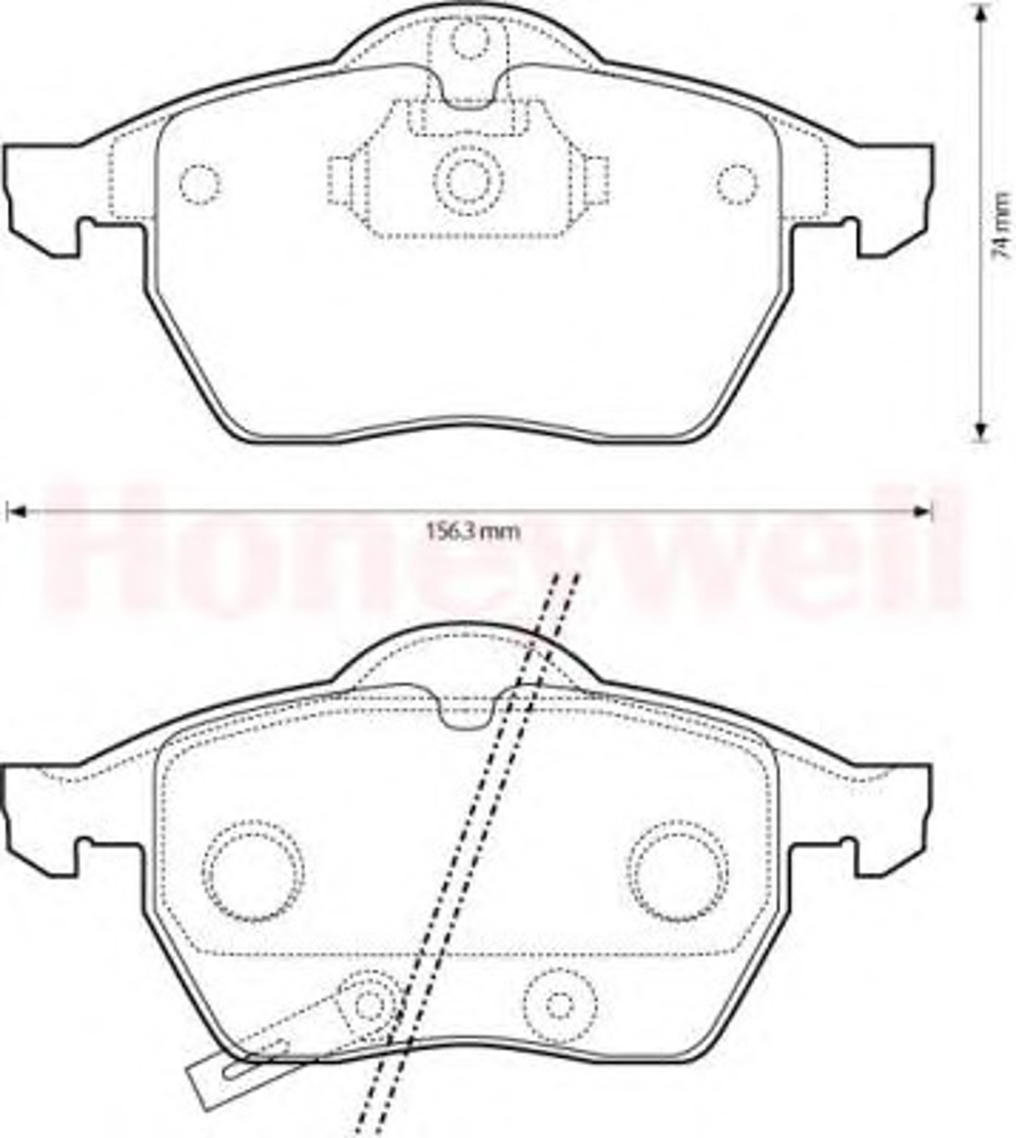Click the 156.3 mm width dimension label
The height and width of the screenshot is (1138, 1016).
pyautogui.click(x=472, y=531)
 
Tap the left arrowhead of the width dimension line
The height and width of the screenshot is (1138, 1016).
pyautogui.click(x=15, y=511)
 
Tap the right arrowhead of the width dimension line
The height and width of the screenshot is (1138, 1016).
pyautogui.click(x=922, y=511)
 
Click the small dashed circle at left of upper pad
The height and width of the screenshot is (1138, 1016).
pyautogui.click(x=200, y=184)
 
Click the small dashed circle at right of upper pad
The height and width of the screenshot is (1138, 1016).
pyautogui.click(x=737, y=184)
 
